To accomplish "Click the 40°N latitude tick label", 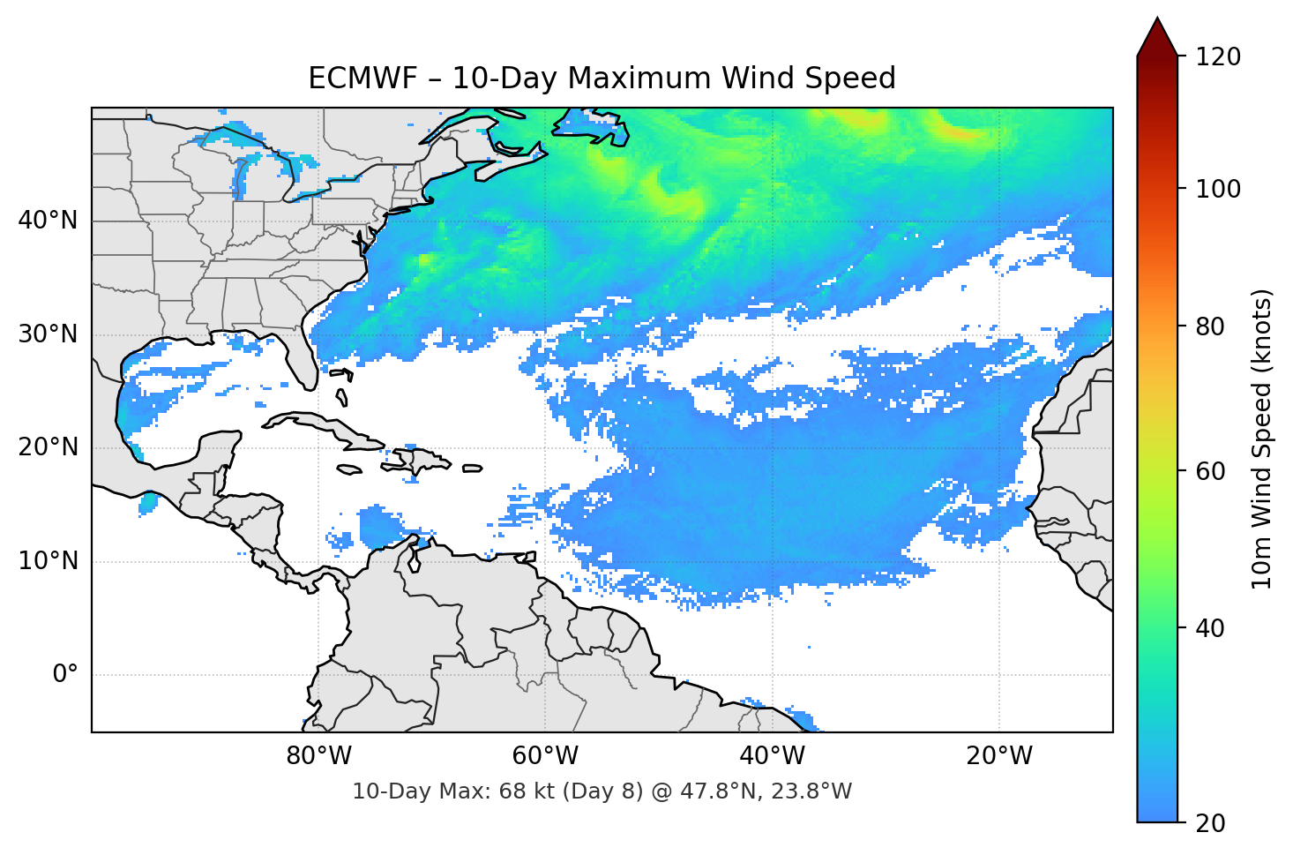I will (48, 221).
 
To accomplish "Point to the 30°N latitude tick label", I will (48, 334).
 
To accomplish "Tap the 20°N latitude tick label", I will (48, 447).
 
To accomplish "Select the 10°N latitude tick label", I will (48, 561).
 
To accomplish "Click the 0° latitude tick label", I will (64, 675).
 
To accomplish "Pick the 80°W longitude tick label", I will (318, 756).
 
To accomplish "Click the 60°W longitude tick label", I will (545, 756).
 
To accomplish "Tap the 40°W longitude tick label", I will (772, 756).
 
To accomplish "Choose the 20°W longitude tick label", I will (999, 756).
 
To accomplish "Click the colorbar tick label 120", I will (1218, 57).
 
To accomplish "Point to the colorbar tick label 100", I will (1218, 189).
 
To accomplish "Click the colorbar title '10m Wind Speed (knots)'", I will (1262, 439).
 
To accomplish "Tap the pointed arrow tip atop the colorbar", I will (1157, 21).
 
